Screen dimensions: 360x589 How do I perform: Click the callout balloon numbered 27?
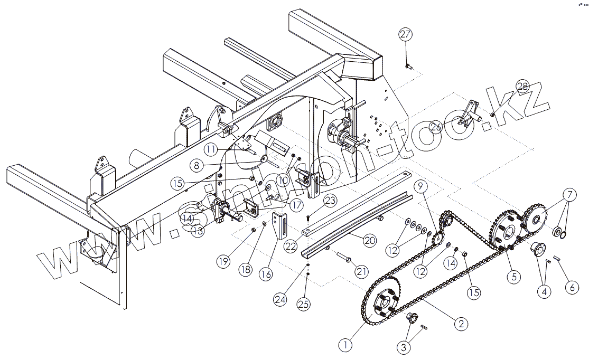coord(405,35)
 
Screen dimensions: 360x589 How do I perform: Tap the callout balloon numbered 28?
coord(522,87)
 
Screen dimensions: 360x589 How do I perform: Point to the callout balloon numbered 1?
coord(345,346)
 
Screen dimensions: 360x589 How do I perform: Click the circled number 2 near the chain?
coord(461,324)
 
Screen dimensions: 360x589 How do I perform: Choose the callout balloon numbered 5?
coord(510,275)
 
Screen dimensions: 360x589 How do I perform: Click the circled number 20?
coord(370,240)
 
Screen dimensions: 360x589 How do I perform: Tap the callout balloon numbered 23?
coord(330,201)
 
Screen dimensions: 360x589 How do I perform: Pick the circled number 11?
coord(211,150)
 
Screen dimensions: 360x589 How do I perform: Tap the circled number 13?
coord(197,231)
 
